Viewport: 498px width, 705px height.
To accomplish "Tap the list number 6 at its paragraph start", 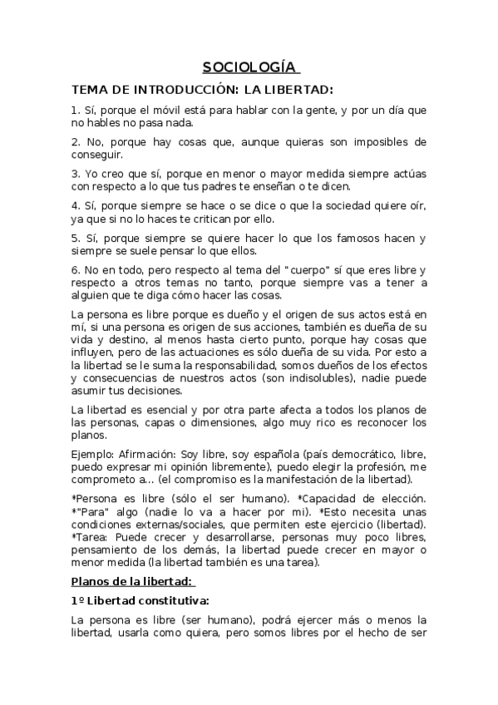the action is tap(75, 271).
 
